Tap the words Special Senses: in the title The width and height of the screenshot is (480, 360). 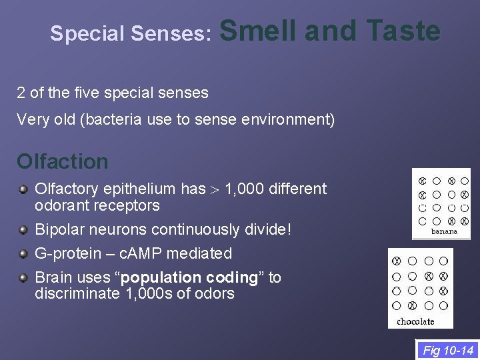[x=131, y=34]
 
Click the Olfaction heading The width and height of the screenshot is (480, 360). [x=62, y=161]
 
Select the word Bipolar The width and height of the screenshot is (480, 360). [x=58, y=229]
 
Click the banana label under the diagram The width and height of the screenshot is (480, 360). [x=444, y=231]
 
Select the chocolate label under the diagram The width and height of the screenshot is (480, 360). [x=415, y=321]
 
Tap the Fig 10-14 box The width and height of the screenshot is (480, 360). [x=448, y=350]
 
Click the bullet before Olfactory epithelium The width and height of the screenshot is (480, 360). [x=23, y=189]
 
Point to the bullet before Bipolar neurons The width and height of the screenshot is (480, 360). [x=23, y=230]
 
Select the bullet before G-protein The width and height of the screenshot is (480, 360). [x=23, y=254]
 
